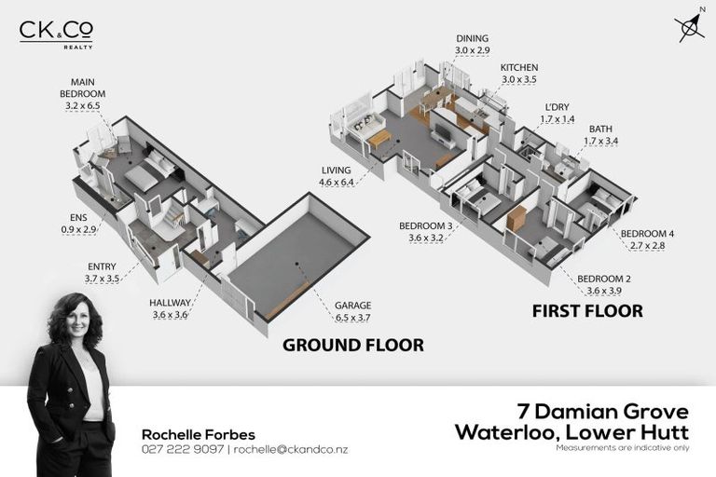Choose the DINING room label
(x=473, y=42)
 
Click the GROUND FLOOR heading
(x=352, y=346)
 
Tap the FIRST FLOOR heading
(x=587, y=311)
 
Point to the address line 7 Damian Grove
(x=602, y=411)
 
